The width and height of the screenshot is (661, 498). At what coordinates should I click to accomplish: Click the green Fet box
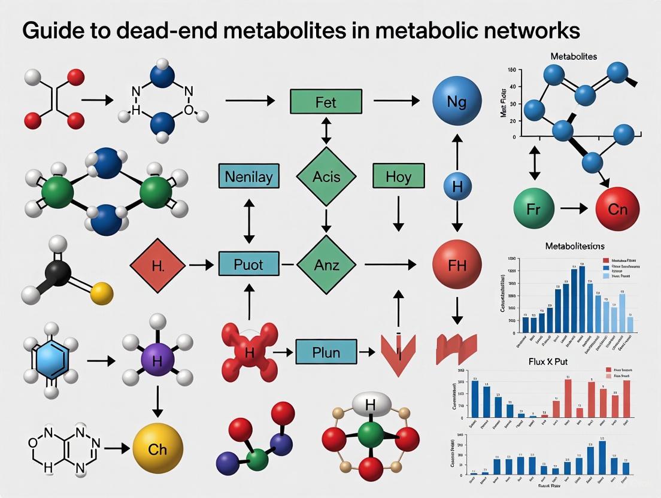(x=326, y=102)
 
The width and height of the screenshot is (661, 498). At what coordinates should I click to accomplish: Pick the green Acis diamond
(x=326, y=177)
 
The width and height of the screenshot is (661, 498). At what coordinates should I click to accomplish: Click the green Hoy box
(x=398, y=177)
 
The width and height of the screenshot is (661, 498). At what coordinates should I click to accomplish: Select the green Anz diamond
(x=326, y=264)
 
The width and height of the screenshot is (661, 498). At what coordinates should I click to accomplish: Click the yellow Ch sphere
(x=157, y=448)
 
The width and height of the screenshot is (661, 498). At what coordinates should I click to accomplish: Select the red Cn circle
(x=618, y=210)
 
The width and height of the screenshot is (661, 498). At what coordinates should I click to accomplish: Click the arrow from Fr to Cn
(x=574, y=210)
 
